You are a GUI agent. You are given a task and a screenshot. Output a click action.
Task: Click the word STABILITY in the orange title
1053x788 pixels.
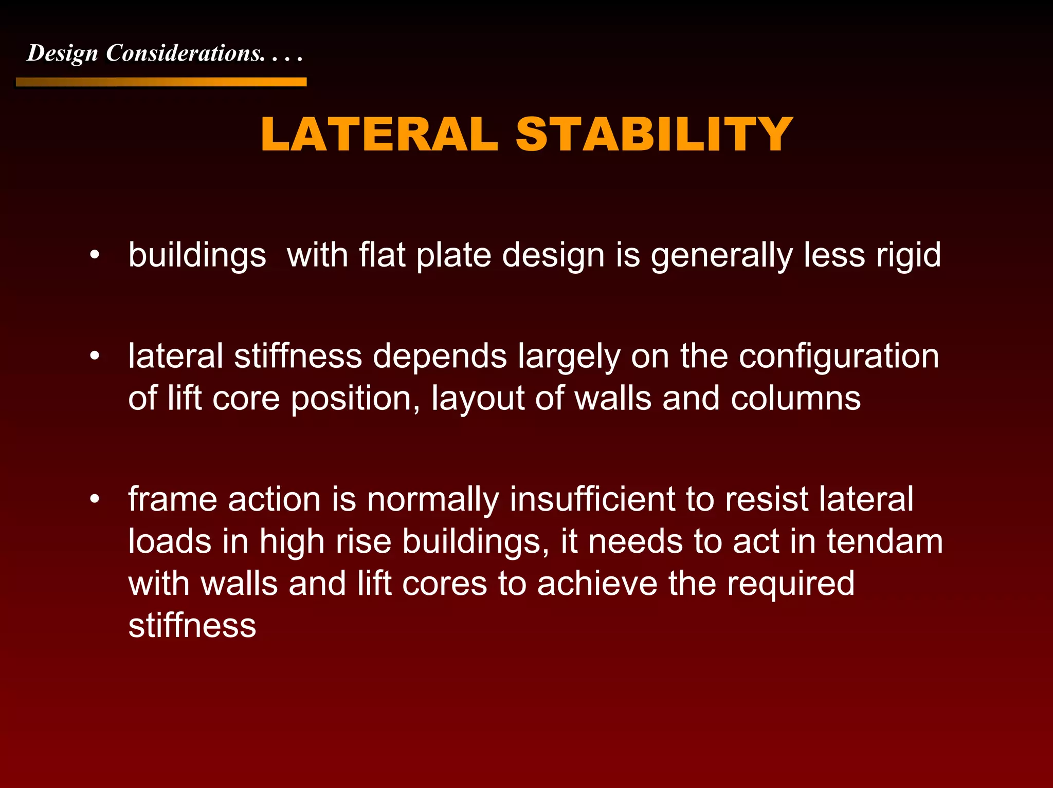click(654, 135)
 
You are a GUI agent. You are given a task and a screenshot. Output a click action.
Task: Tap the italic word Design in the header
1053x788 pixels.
click(62, 53)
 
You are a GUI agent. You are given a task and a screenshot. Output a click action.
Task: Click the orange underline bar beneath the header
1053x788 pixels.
click(161, 82)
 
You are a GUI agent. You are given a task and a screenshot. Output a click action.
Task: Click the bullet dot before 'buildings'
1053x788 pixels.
click(94, 255)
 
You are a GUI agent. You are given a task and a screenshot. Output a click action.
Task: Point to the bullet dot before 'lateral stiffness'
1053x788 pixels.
click(94, 356)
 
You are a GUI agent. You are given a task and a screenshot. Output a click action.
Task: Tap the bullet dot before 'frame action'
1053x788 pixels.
click(94, 499)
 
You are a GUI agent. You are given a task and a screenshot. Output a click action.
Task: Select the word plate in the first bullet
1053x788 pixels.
click(453, 255)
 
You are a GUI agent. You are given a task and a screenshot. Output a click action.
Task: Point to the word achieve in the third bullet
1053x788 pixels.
click(597, 584)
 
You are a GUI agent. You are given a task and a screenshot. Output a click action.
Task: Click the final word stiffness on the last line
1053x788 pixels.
click(192, 625)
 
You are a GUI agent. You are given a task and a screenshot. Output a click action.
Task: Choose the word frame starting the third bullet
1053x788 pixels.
click(173, 499)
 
